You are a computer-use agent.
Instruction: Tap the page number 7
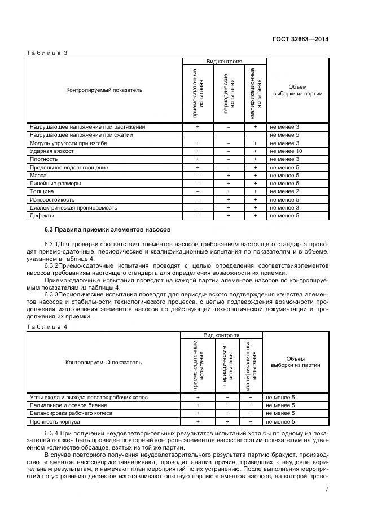[x=327, y=489]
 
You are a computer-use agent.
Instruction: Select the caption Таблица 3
[x=47, y=53]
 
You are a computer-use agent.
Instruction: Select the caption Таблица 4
[x=47, y=327]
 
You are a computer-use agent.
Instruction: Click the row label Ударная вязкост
[x=50, y=151]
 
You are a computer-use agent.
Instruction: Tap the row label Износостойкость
[x=52, y=199]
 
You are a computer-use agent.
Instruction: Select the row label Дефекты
[x=42, y=216]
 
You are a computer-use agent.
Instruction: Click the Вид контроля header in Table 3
[x=224, y=61]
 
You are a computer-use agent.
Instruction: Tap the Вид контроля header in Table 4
[x=221, y=335]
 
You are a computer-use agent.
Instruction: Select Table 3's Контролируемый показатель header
[x=104, y=90]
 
